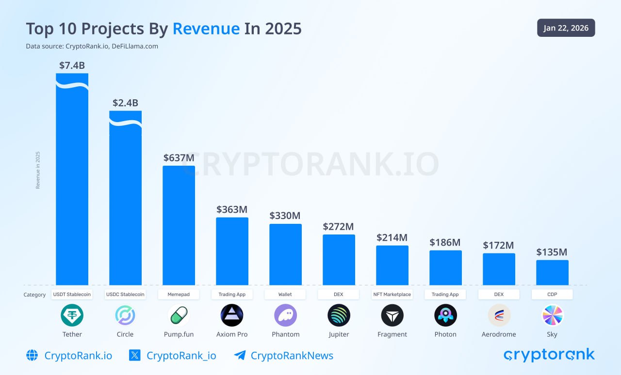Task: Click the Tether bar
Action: pyautogui.click(x=72, y=184)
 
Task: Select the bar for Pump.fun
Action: pyautogui.click(x=179, y=225)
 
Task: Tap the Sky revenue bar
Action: pyautogui.click(x=552, y=273)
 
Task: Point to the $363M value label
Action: pyautogui.click(x=232, y=209)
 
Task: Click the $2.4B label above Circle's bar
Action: pyautogui.click(x=125, y=103)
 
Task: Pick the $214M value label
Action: pyautogui.click(x=392, y=237)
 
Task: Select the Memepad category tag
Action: pyautogui.click(x=179, y=294)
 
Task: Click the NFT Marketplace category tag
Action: pyautogui.click(x=392, y=294)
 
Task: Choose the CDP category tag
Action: pyautogui.click(x=552, y=294)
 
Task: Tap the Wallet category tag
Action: pyautogui.click(x=285, y=294)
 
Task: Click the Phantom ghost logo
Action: pyautogui.click(x=285, y=315)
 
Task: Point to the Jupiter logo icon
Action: pyautogui.click(x=339, y=315)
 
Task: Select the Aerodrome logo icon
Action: pyautogui.click(x=499, y=315)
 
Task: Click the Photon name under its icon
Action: pyautogui.click(x=445, y=334)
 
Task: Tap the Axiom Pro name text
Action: pyautogui.click(x=232, y=334)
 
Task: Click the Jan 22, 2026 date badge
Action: pyautogui.click(x=566, y=28)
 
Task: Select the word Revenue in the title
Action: pyautogui.click(x=206, y=29)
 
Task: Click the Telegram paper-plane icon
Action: pyautogui.click(x=240, y=356)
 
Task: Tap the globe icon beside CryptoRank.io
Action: pyautogui.click(x=32, y=356)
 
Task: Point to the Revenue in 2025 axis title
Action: pyautogui.click(x=38, y=170)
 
